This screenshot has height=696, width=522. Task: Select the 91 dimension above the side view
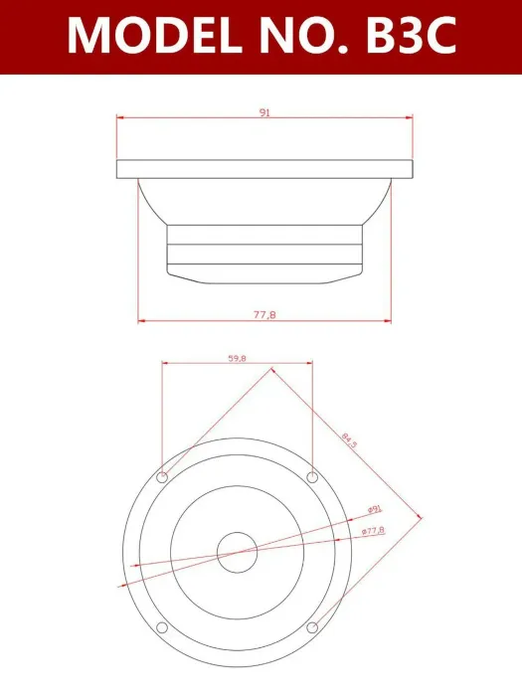tap(264, 113)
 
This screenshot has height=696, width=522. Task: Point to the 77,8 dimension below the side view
tap(263, 314)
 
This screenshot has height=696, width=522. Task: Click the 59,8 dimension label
tap(238, 357)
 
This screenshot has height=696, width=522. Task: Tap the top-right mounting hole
tap(312, 476)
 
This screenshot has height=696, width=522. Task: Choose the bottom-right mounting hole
tap(312, 626)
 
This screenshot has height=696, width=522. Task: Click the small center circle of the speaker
tap(238, 552)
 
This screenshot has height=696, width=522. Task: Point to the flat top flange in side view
tap(264, 169)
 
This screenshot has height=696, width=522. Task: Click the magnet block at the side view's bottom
tap(264, 253)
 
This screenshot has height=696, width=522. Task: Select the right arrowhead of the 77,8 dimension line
tap(389, 320)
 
